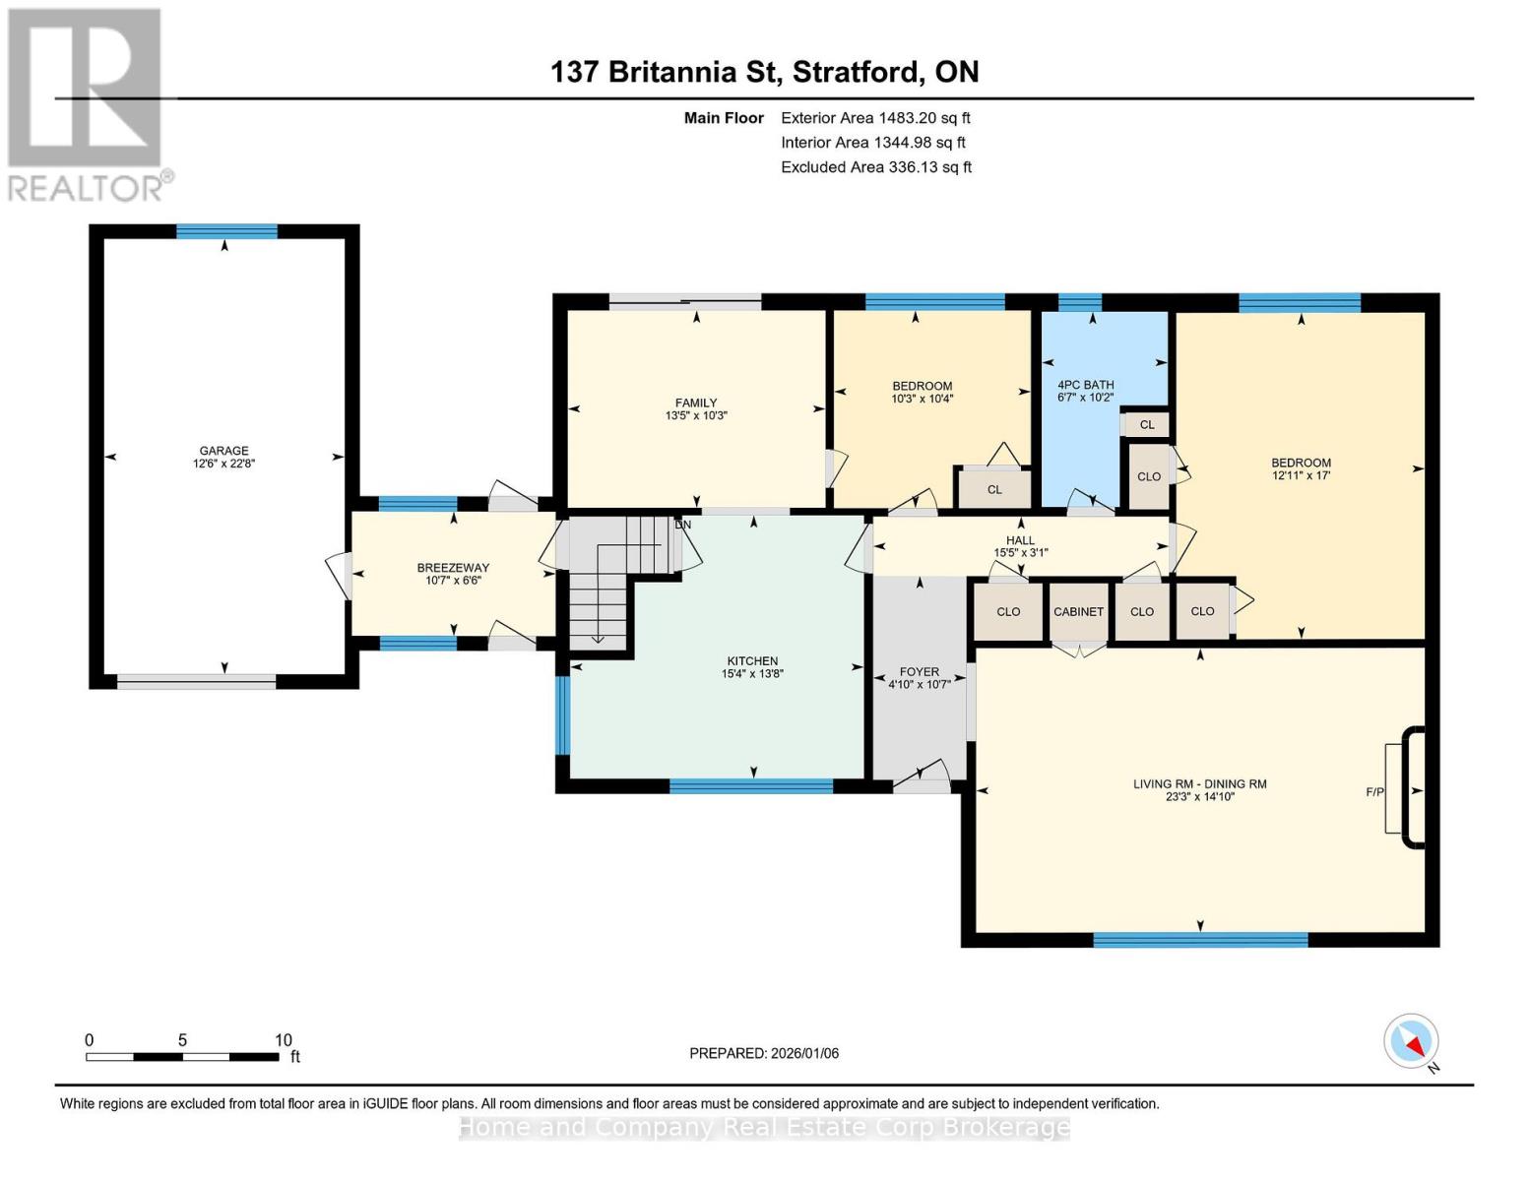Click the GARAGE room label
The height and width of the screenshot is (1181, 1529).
(223, 450)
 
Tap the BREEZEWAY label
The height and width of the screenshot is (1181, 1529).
(453, 568)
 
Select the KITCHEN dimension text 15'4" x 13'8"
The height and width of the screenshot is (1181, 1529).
(752, 673)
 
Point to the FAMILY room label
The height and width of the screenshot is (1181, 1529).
(696, 403)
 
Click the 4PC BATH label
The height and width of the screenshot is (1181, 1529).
(1086, 385)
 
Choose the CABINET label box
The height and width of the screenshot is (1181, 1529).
(1078, 611)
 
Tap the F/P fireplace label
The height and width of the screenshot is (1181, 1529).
(1374, 792)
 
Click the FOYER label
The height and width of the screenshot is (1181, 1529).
(919, 672)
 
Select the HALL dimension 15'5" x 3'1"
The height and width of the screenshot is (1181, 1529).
(1020, 553)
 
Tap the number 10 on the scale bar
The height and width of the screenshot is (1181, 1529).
(283, 1039)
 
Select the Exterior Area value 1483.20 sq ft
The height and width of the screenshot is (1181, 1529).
(922, 118)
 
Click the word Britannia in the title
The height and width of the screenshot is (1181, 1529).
(672, 72)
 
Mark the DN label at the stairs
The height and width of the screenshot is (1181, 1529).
(682, 525)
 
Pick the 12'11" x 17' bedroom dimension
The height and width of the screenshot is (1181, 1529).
(1301, 475)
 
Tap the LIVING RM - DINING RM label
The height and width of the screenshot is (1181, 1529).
(1200, 783)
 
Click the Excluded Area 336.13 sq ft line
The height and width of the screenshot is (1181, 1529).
(876, 167)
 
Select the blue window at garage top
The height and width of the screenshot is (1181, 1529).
(226, 231)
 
